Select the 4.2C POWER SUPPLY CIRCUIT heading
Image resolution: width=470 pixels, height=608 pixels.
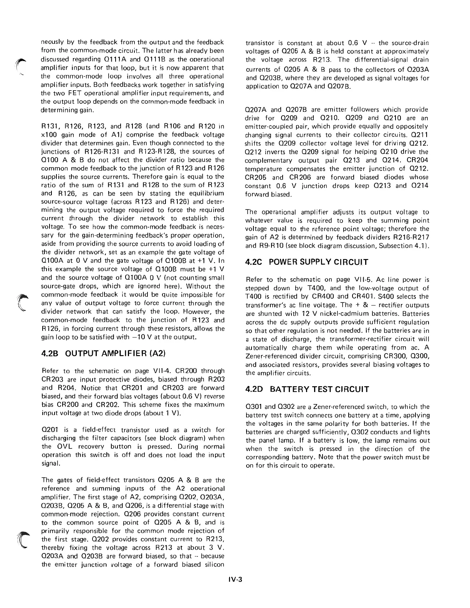coord(307,262)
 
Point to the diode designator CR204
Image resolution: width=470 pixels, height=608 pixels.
coord(417,160)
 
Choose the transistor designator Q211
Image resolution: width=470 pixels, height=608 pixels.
coord(421,135)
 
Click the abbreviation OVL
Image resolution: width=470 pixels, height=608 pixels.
coord(61,447)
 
